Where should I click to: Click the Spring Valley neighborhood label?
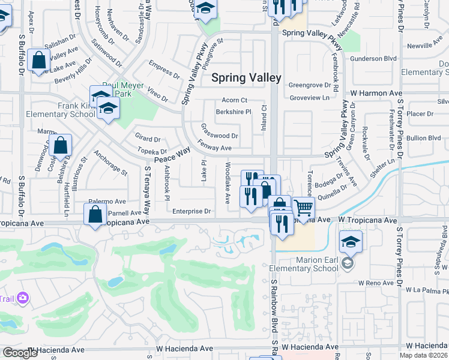(x=246, y=77)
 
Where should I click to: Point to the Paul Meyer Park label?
(x=124, y=89)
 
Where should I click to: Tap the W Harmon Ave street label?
(x=376, y=94)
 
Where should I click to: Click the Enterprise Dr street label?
(x=191, y=211)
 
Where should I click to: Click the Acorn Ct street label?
(x=235, y=100)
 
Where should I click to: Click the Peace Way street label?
(x=172, y=155)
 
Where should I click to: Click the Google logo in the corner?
(x=20, y=353)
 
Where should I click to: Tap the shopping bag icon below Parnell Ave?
(x=95, y=214)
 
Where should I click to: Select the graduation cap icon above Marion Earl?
(x=351, y=243)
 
